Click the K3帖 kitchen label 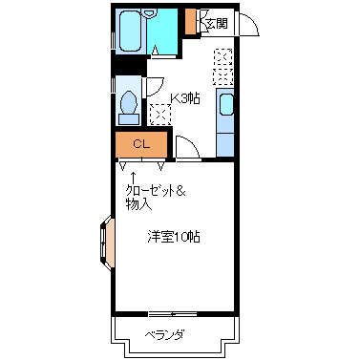tap(185, 97)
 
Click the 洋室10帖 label tap(173, 236)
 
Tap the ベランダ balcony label tap(163, 334)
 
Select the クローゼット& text tap(155, 191)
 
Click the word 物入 tap(138, 204)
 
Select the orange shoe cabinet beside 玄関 tap(191, 21)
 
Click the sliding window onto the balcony tap(172, 312)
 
